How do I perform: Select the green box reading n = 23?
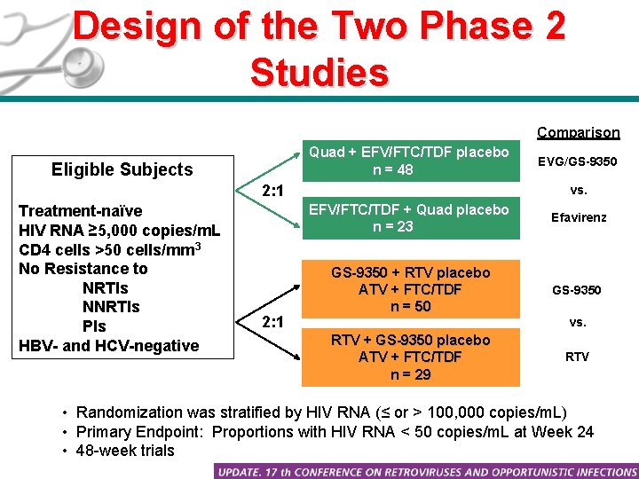click(408, 217)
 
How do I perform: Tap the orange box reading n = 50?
click(410, 289)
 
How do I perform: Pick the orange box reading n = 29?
click(410, 357)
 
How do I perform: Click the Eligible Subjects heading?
click(122, 169)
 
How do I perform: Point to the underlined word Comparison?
click(578, 132)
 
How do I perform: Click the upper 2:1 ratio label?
click(272, 191)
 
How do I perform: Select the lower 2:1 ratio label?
click(272, 320)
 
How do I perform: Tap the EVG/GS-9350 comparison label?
click(578, 162)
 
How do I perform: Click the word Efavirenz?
click(579, 216)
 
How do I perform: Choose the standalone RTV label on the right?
click(578, 357)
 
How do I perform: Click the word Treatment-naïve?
click(80, 211)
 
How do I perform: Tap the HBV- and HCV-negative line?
click(108, 346)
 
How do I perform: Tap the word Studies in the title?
click(319, 73)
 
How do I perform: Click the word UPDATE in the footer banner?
click(251, 470)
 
